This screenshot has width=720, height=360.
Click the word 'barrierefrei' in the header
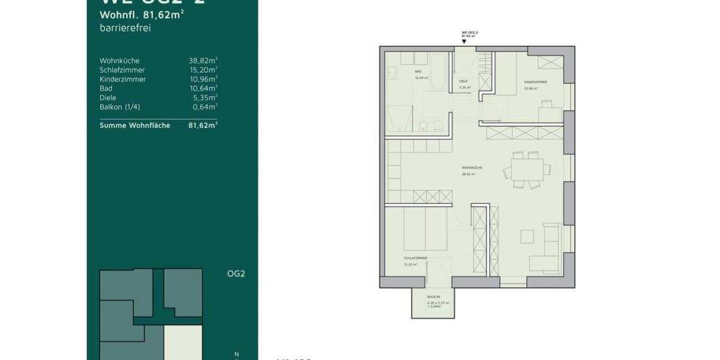click(x=121, y=28)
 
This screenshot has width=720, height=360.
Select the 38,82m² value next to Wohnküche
click(x=203, y=61)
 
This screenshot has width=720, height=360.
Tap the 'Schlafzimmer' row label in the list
click(x=122, y=70)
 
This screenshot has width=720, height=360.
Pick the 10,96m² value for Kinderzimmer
click(x=203, y=79)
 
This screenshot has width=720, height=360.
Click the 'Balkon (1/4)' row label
click(x=120, y=107)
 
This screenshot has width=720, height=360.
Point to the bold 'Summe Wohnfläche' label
click(x=134, y=125)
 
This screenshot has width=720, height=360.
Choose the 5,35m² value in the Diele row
click(x=204, y=98)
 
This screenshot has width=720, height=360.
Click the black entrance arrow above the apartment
click(x=464, y=42)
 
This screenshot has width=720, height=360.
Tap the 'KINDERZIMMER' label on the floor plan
click(x=535, y=82)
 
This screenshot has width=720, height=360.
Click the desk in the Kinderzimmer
click(x=550, y=112)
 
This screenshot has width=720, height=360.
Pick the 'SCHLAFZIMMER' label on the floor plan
click(x=415, y=259)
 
